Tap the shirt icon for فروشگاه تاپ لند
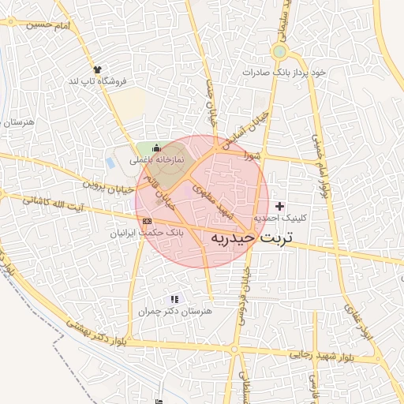click(x=97, y=70)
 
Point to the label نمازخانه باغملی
click(x=157, y=159)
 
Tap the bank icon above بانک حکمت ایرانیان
click(x=148, y=222)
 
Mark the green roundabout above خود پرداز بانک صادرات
click(x=279, y=52)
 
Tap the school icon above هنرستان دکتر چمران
click(x=174, y=300)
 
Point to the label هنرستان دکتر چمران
click(x=174, y=312)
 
